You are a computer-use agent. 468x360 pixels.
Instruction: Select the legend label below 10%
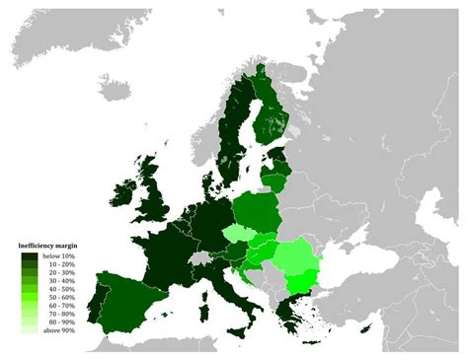pyautogui.click(x=57, y=256)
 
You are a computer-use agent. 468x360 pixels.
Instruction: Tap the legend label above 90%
pyautogui.click(x=57, y=344)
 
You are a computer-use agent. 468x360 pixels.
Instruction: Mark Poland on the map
pyautogui.click(x=258, y=209)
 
